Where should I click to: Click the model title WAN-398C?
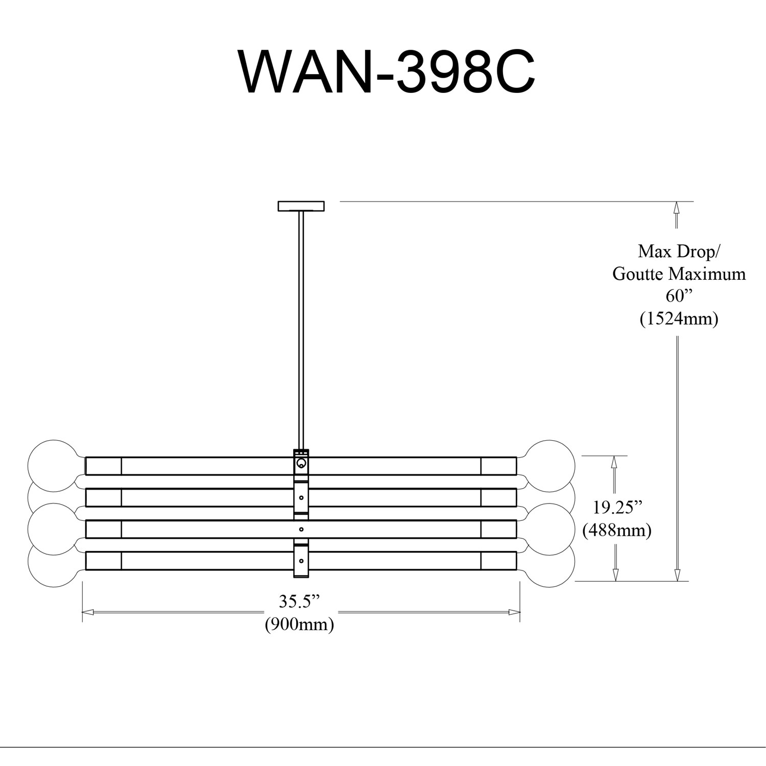tap(386, 72)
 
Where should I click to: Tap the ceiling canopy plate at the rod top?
tap(301, 206)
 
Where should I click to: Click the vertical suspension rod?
tap(301, 327)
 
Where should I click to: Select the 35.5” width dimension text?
tap(299, 602)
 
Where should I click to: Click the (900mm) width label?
tap(299, 624)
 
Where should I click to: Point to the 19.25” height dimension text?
tap(617, 508)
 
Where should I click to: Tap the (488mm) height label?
tap(617, 530)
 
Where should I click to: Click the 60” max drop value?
tap(679, 296)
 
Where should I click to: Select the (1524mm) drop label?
tap(679, 319)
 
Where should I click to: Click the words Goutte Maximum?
tap(679, 274)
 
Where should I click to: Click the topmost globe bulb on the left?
tap(51, 463)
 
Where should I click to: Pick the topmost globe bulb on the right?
tap(550, 463)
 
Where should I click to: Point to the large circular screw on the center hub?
tap(301, 464)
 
